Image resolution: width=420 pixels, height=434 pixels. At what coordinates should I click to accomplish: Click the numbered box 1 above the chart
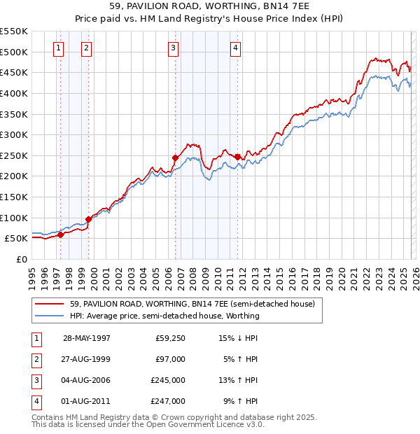pyautogui.click(x=57, y=48)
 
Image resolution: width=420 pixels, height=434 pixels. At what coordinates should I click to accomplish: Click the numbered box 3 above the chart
pyautogui.click(x=173, y=48)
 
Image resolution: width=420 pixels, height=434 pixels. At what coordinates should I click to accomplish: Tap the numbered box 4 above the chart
pyautogui.click(x=236, y=48)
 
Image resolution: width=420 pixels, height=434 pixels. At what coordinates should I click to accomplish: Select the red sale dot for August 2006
pyautogui.click(x=174, y=157)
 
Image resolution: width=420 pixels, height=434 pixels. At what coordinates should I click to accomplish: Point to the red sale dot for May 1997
pyautogui.click(x=61, y=234)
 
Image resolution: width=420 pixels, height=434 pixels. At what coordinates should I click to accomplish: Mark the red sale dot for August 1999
pyautogui.click(x=88, y=219)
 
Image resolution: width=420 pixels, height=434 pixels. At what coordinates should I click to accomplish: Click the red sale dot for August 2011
pyautogui.click(x=237, y=157)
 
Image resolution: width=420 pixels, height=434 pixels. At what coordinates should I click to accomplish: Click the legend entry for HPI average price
pyautogui.click(x=164, y=316)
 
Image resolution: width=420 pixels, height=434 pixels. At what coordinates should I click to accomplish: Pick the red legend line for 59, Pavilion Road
pyautogui.click(x=50, y=304)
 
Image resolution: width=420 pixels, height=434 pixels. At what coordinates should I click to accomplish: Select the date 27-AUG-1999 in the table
pyautogui.click(x=87, y=359)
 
